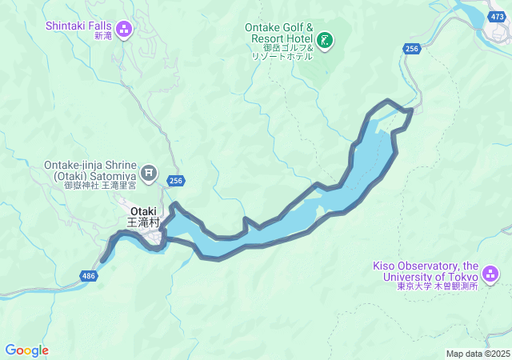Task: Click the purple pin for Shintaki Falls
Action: coord(124,30)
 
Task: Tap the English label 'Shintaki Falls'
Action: coord(79,25)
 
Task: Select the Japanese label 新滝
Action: coord(103,37)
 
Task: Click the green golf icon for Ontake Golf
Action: coord(325,39)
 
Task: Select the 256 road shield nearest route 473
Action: coord(411,50)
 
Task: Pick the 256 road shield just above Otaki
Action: coord(176,182)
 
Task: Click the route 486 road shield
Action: coord(89,276)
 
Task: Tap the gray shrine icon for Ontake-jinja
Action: coord(149,171)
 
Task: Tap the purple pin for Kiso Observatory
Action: coord(490,274)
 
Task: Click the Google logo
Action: coord(26,350)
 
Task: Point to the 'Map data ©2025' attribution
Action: coord(478,354)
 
